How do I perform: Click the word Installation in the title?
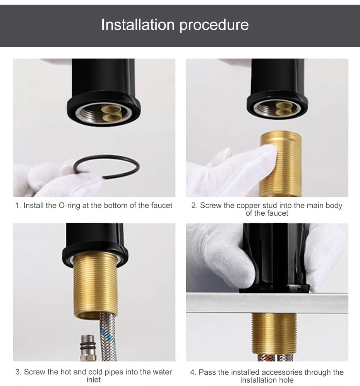[x=137, y=25]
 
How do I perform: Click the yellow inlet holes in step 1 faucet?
[x=109, y=112]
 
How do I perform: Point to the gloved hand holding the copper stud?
[x=232, y=170]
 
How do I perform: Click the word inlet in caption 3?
[x=93, y=380]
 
